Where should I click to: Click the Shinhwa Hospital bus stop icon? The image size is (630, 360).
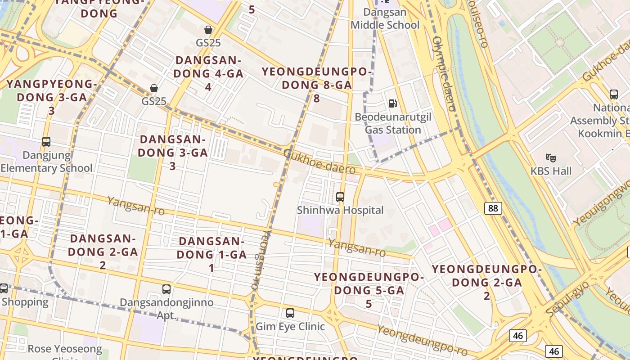tap(340, 197)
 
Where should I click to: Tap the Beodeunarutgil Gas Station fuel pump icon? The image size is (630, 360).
tap(393, 104)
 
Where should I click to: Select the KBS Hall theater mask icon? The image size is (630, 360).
tap(550, 158)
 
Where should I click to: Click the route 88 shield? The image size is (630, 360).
tap(494, 208)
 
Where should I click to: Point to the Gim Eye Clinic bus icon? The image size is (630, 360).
tap(290, 313)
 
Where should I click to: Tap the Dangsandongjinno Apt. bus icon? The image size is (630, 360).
tap(166, 289)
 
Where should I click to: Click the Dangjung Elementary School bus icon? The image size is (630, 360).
tap(46, 142)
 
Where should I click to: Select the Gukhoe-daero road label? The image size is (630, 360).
tap(319, 162)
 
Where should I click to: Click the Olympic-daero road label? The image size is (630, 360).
tap(444, 74)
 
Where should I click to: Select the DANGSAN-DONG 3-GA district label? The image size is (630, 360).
tap(173, 153)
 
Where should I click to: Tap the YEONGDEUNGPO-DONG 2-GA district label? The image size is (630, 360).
tap(487, 282)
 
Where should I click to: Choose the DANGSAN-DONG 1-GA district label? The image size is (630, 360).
tap(211, 254)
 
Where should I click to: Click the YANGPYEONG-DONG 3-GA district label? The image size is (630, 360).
tap(51, 97)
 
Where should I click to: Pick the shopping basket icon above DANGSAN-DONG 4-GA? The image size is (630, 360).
tap(208, 30)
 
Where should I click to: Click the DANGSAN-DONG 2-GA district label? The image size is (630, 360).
tap(103, 252)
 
